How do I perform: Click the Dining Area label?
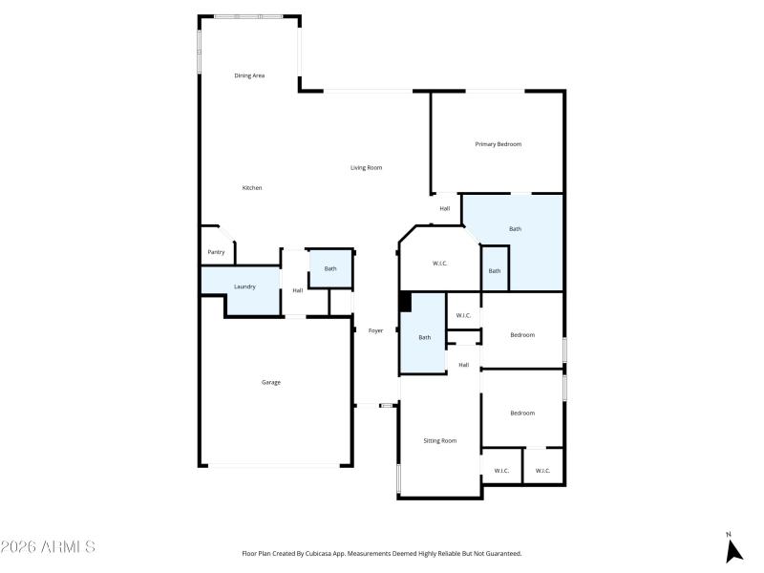249,75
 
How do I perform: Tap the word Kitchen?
252,188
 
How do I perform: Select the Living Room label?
366,168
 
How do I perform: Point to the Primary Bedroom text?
499,144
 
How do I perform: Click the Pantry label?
216,252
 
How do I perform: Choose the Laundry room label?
244,286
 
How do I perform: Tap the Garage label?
271,382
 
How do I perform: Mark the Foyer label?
376,330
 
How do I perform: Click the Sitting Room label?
440,440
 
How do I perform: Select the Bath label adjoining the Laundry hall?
330,268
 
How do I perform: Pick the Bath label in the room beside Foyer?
425,337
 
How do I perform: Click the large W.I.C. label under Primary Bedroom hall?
440,263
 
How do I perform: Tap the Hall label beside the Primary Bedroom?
445,208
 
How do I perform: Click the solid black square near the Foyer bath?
405,302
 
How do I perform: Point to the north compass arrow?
733,551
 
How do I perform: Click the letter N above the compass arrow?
729,535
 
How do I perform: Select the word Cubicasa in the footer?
325,553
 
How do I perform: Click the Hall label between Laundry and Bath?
298,290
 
